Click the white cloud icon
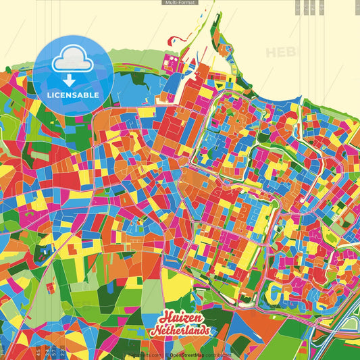pos(72,59)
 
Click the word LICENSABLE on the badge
pos(73,95)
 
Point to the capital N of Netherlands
pos(155,332)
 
